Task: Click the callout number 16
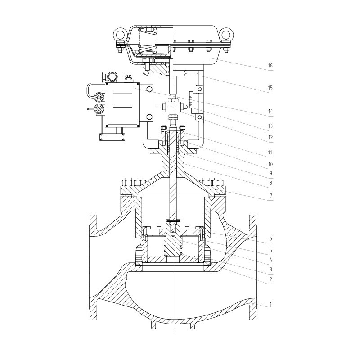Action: pyautogui.click(x=270, y=66)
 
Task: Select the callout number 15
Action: pyautogui.click(x=270, y=88)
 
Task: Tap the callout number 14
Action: pyautogui.click(x=270, y=111)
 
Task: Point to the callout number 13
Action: pyautogui.click(x=270, y=126)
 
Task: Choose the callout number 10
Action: pyautogui.click(x=270, y=162)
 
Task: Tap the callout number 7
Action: pyautogui.click(x=270, y=196)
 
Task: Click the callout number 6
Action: pyautogui.click(x=270, y=238)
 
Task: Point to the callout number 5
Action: pyautogui.click(x=270, y=249)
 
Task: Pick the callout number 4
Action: pyautogui.click(x=270, y=259)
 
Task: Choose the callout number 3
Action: pyautogui.click(x=270, y=270)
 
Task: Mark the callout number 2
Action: pyautogui.click(x=270, y=280)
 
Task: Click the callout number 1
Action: pyautogui.click(x=270, y=305)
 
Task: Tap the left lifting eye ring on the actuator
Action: pyautogui.click(x=120, y=33)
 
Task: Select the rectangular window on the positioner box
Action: pyautogui.click(x=122, y=100)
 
